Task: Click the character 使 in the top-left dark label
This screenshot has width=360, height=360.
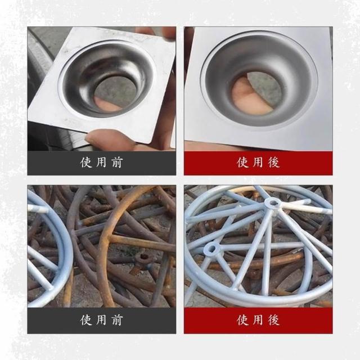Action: tap(86, 163)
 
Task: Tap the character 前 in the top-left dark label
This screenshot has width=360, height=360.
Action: tap(117, 163)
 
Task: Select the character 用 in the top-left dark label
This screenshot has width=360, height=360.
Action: tap(101, 163)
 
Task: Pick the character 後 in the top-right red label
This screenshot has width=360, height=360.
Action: tap(274, 162)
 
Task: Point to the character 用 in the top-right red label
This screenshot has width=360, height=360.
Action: tap(258, 162)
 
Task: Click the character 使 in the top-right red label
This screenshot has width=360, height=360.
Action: tap(243, 162)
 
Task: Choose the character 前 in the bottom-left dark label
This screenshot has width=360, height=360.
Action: tap(117, 320)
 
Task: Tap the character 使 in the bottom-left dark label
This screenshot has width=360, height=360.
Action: tap(86, 320)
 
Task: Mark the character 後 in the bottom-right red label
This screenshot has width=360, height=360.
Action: tap(274, 320)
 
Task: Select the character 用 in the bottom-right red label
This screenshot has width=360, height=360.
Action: tap(258, 320)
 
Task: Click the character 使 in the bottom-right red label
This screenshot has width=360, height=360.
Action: tap(243, 320)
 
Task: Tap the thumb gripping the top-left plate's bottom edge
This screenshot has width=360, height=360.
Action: tap(108, 139)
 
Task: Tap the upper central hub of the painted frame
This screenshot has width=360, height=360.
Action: tap(272, 203)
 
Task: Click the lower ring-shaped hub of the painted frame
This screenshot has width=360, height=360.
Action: tap(211, 249)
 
